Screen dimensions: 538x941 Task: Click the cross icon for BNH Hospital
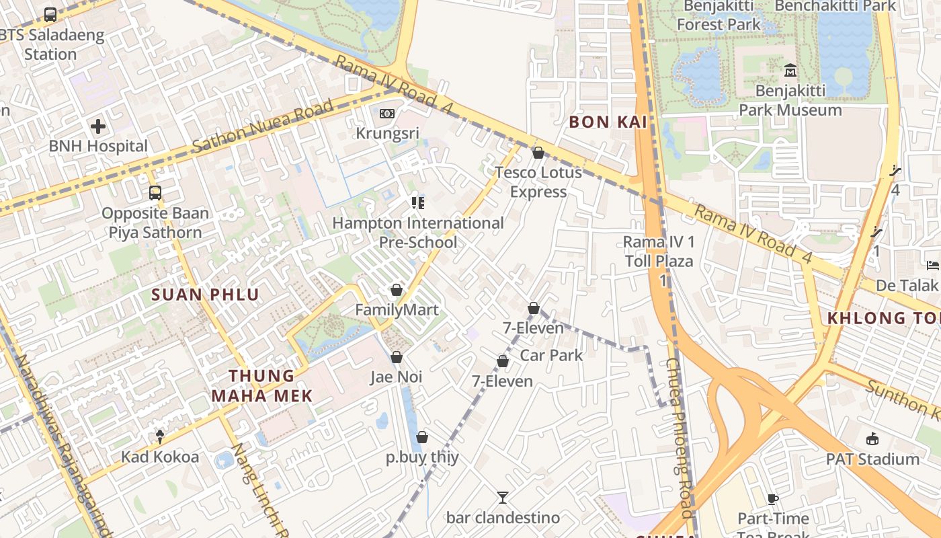point(98,126)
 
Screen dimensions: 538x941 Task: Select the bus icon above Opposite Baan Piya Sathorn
point(155,193)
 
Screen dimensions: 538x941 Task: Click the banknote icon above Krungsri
point(386,114)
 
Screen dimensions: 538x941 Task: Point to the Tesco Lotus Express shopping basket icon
point(538,153)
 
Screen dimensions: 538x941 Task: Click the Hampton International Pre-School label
point(417,232)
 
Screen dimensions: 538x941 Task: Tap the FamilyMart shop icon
point(397,290)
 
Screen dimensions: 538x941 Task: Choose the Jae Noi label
point(397,377)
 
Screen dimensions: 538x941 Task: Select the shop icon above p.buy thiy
point(422,438)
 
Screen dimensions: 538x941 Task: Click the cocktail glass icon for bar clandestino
point(503,498)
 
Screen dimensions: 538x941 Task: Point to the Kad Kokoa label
point(160,457)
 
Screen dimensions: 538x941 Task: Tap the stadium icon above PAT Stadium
point(872,439)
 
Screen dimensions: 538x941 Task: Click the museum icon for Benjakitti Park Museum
point(790,70)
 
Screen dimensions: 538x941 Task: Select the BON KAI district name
point(608,122)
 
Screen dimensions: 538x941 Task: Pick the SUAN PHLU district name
point(205,295)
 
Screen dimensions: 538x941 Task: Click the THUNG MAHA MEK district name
point(262,386)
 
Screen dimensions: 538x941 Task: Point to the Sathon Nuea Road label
point(262,126)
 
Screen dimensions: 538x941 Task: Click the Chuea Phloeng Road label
point(678,437)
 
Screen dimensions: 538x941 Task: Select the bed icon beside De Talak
point(933,266)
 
